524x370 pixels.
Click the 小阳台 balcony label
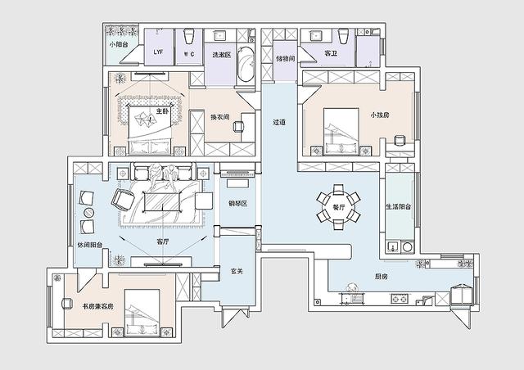[x=119, y=43]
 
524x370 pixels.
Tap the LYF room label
[x=158, y=52]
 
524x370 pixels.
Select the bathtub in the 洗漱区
[x=246, y=64]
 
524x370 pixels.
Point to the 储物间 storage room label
[x=286, y=58]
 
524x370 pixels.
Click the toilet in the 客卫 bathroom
[x=343, y=36]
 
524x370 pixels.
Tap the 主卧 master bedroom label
[x=162, y=111]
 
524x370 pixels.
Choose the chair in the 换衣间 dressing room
[x=238, y=126]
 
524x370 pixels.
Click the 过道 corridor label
[x=279, y=122]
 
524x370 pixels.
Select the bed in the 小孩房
[x=341, y=131]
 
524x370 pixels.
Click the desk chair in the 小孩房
[x=399, y=140]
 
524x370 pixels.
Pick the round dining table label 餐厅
[x=338, y=207]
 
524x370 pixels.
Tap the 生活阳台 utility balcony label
[x=399, y=207]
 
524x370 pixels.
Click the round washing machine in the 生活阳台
[x=408, y=247]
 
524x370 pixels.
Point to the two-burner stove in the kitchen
[x=399, y=298]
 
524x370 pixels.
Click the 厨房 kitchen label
[x=381, y=277]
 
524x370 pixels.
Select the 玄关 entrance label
[x=237, y=271]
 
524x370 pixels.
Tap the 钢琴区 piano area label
[x=237, y=204]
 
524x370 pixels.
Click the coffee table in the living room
[x=162, y=201]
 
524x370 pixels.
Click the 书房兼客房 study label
[x=98, y=306]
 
